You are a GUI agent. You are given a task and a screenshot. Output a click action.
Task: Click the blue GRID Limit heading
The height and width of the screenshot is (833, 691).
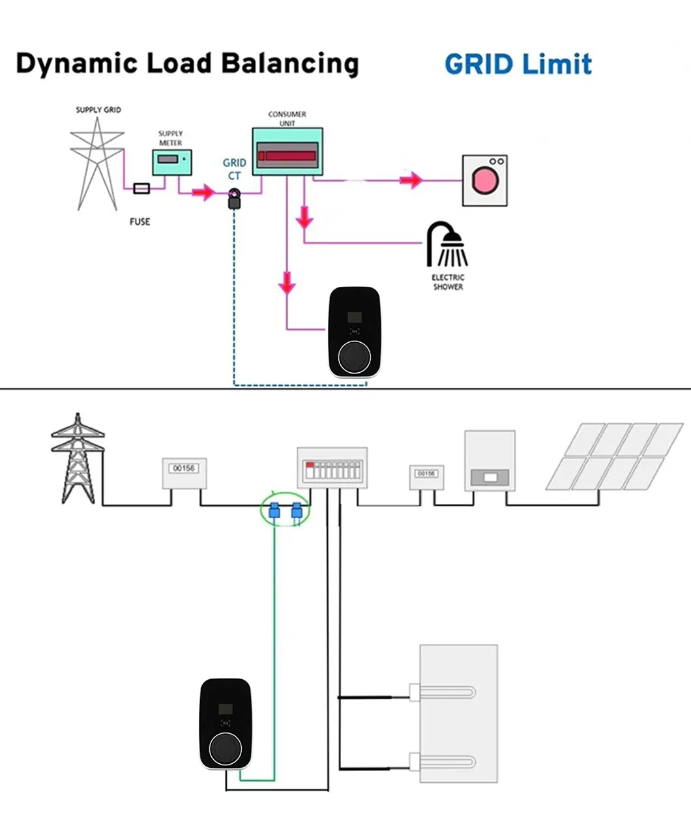click(x=518, y=65)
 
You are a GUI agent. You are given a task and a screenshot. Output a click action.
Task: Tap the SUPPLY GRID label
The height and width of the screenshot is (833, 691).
click(x=98, y=110)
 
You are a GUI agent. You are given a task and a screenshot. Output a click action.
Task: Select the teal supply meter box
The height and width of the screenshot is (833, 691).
click(x=173, y=162)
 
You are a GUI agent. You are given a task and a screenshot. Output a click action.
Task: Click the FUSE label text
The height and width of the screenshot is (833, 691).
click(x=140, y=222)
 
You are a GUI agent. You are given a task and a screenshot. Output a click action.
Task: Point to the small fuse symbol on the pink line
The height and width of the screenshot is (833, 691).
click(x=141, y=188)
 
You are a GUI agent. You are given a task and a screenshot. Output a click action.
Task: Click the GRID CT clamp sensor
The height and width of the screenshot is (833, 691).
click(x=234, y=199)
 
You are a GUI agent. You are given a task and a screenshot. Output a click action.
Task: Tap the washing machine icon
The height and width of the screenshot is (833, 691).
click(x=484, y=180)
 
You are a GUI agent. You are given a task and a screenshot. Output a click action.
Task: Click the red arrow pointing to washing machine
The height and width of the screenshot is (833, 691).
click(x=412, y=181)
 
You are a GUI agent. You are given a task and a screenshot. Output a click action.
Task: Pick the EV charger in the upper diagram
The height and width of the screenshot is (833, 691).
click(x=354, y=332)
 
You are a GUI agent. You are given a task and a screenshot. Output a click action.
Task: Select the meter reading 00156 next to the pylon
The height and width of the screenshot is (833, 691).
click(x=184, y=468)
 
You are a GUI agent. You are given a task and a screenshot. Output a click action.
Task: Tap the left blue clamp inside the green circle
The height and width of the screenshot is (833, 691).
click(x=274, y=510)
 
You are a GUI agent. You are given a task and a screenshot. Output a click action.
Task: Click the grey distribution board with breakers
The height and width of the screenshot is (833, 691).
click(x=332, y=467)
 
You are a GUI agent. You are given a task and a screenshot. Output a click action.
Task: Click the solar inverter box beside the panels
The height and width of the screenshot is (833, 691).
click(x=490, y=460)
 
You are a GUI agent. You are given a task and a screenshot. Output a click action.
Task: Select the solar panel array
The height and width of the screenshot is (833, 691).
click(x=613, y=456)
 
